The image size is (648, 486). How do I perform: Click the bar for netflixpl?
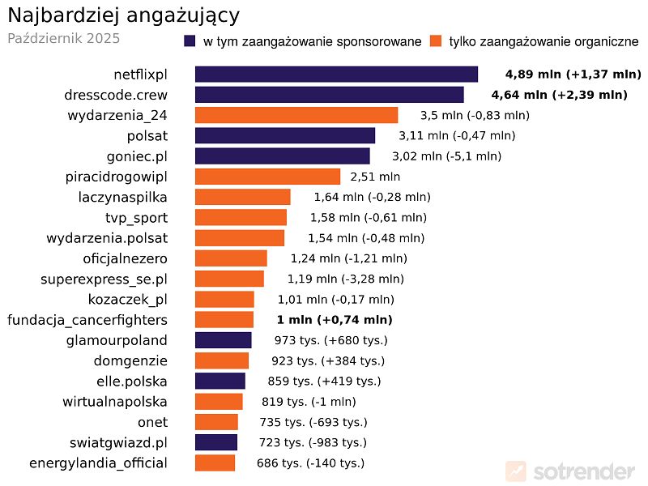click(336, 75)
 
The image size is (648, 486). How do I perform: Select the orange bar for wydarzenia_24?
click(296, 115)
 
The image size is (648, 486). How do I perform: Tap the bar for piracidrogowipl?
click(267, 177)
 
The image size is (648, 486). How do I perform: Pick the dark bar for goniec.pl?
click(282, 156)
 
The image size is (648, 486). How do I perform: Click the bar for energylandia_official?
click(215, 463)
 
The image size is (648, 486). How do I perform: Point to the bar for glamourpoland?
click(223, 340)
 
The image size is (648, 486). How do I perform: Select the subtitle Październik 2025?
click(63, 38)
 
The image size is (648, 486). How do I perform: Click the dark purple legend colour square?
click(190, 41)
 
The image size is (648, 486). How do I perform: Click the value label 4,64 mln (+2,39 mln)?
click(559, 95)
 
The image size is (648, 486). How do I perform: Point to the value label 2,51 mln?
click(375, 177)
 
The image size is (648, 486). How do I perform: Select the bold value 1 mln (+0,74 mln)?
click(334, 320)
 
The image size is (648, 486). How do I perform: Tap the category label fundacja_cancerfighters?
click(87, 320)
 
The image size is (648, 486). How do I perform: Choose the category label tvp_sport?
click(136, 218)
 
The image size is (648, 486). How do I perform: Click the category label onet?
click(152, 422)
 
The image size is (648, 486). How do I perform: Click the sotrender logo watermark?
click(570, 471)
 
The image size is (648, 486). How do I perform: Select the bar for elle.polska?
click(220, 382)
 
